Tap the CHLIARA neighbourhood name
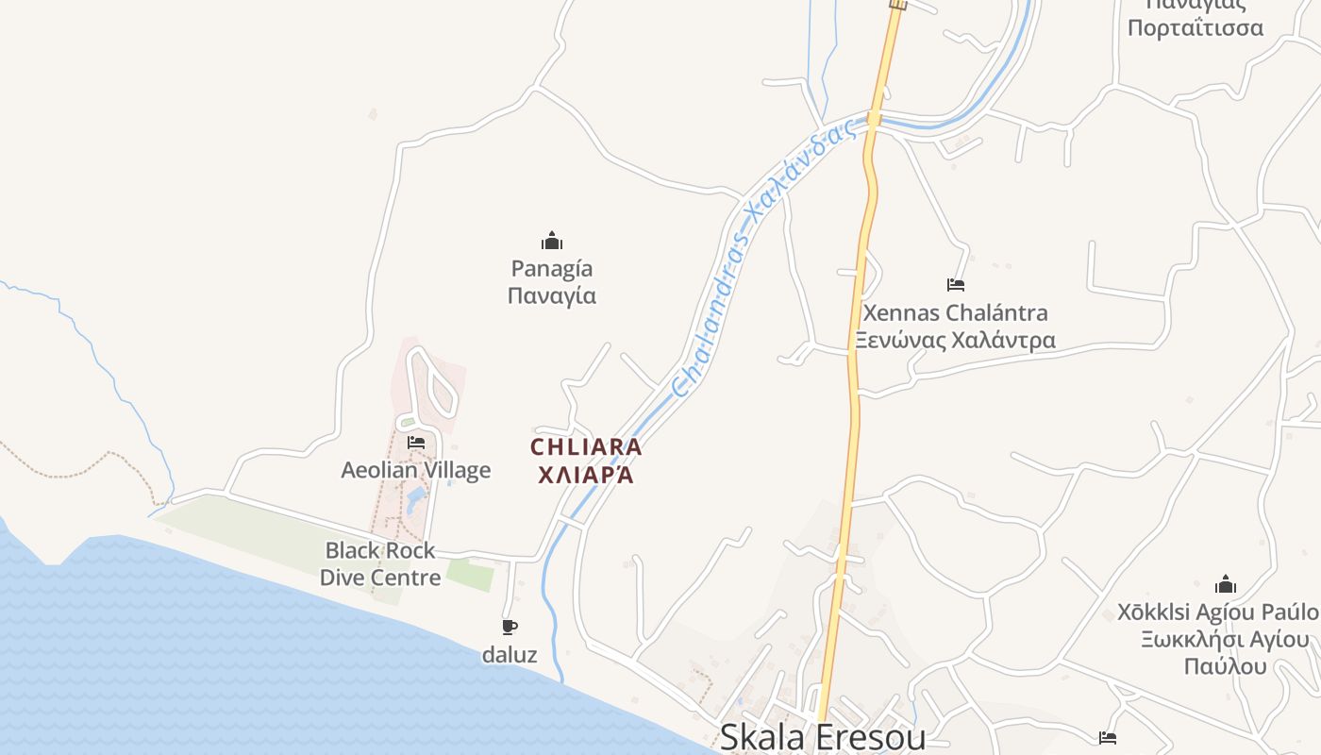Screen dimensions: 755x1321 [586, 446]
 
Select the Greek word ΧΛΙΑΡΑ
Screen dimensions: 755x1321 [585, 474]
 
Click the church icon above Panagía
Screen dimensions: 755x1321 [552, 241]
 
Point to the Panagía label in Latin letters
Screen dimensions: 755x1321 [552, 269]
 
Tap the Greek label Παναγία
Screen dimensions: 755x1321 [552, 295]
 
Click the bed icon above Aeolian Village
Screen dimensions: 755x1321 [416, 442]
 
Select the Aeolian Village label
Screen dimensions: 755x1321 [416, 470]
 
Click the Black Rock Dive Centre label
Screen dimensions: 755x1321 [380, 563]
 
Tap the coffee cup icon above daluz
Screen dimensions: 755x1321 [510, 627]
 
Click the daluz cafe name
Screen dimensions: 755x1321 [510, 654]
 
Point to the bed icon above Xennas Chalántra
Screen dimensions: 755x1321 [956, 284]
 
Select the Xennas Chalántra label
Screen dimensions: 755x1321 [955, 312]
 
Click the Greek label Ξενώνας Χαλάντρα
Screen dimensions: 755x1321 [955, 340]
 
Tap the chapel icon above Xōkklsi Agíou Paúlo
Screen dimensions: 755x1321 [1226, 584]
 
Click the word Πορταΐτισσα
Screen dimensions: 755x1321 [1196, 27]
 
